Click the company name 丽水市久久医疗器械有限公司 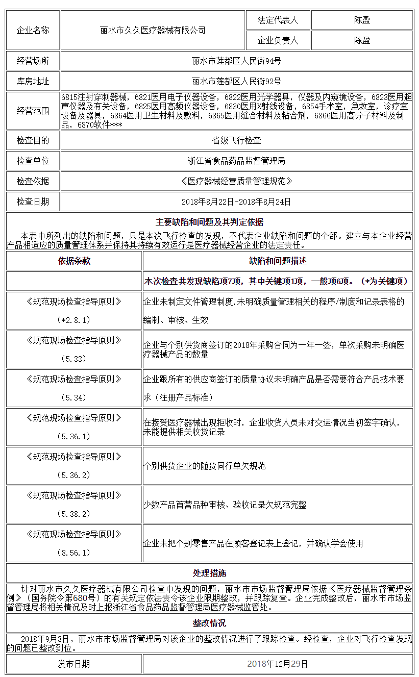[x=153, y=31]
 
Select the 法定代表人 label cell [x=278, y=20]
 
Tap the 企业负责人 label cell [x=278, y=40]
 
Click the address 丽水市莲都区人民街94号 [x=236, y=61]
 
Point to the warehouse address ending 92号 [x=236, y=81]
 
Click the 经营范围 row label [x=33, y=111]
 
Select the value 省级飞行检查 [x=236, y=140]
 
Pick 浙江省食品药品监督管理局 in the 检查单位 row [x=236, y=161]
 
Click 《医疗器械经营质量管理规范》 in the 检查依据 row [x=236, y=181]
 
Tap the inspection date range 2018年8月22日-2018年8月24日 [x=236, y=202]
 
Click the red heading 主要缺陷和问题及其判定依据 [x=209, y=222]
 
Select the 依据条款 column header [x=74, y=261]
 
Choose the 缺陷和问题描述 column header [x=278, y=261]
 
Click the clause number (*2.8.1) [x=74, y=320]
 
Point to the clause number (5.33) [x=74, y=359]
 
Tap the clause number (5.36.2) [x=74, y=475]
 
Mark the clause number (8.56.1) [x=74, y=553]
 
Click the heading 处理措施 [x=209, y=573]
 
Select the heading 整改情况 [x=209, y=623]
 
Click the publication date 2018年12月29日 [x=278, y=664]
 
